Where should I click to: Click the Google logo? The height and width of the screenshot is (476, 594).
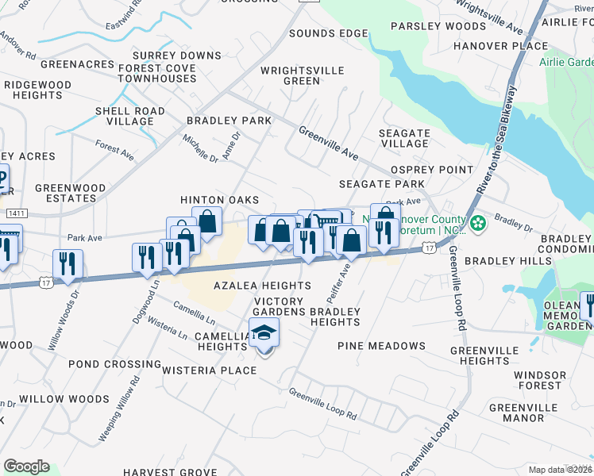(26, 466)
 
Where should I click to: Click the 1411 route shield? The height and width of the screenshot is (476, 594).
(15, 213)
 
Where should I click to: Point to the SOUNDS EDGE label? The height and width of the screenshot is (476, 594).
(328, 33)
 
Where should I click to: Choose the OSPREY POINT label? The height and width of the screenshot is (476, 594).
(431, 170)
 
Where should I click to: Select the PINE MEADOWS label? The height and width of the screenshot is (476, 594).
(381, 346)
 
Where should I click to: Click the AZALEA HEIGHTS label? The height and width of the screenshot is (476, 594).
(261, 286)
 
